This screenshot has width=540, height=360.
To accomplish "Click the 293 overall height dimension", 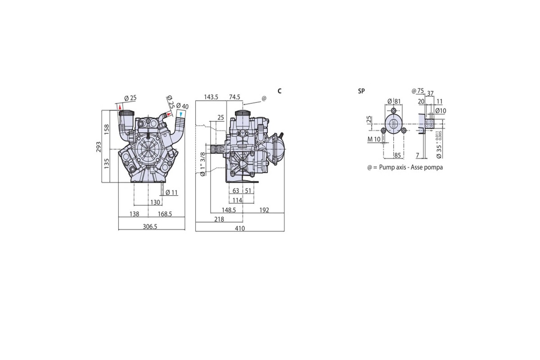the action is click(99, 147).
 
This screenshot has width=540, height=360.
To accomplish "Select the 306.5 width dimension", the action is click(150, 227).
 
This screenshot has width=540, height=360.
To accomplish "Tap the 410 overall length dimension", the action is click(240, 228).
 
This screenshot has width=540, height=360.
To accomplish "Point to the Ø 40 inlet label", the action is click(183, 106).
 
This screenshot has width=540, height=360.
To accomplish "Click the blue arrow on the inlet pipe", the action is click(181, 114).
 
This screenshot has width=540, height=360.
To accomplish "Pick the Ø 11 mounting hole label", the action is click(172, 193).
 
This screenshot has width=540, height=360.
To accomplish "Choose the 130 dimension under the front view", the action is click(155, 202).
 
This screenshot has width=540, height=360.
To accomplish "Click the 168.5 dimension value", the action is click(165, 214).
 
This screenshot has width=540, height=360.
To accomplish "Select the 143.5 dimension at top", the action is click(211, 97).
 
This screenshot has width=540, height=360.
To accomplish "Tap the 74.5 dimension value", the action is click(234, 97).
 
